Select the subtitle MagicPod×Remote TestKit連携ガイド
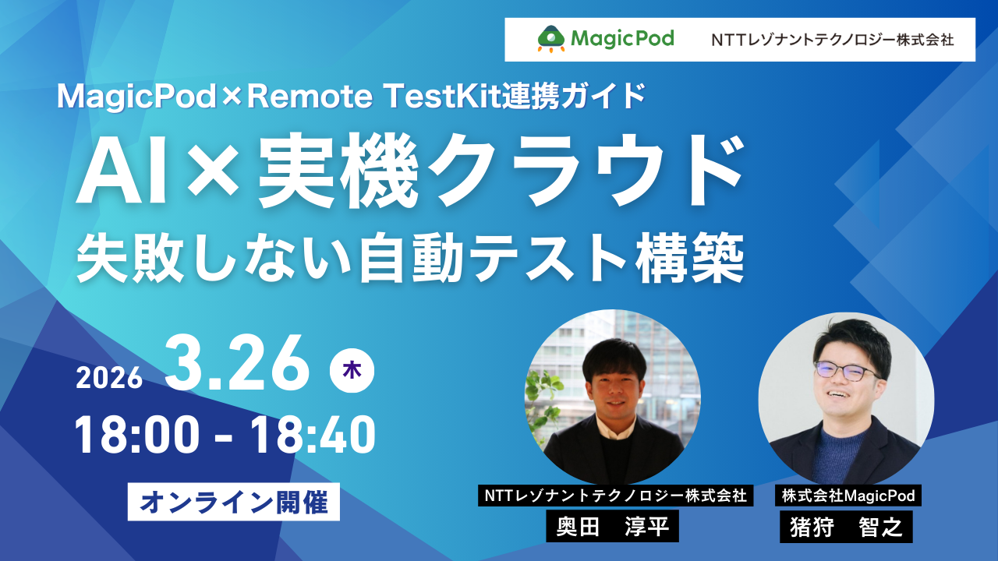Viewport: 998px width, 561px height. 351,96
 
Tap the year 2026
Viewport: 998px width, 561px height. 109,378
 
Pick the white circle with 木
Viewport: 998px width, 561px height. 352,372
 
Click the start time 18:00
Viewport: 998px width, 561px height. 135,436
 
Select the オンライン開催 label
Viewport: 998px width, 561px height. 234,503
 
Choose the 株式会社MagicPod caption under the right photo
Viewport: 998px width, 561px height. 846,495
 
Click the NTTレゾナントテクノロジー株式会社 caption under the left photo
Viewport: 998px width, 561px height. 616,495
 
